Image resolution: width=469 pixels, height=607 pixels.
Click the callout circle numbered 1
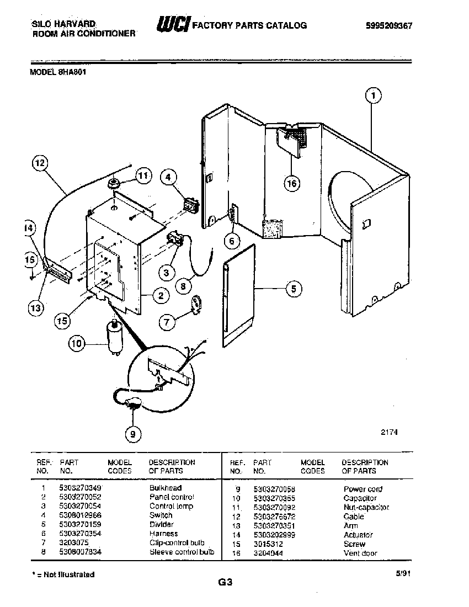[x=374, y=95]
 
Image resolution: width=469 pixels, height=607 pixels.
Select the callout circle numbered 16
[x=292, y=184]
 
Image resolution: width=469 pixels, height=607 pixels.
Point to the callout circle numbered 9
[x=132, y=435]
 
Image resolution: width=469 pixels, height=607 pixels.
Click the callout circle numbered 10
[x=77, y=344]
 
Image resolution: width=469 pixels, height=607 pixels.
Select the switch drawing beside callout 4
[x=191, y=205]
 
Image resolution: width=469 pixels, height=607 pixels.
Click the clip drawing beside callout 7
[x=195, y=304]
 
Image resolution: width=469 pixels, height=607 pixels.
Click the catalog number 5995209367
[x=389, y=25]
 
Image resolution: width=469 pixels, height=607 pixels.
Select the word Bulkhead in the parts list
[x=165, y=488]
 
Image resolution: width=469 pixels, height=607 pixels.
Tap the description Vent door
[x=360, y=553]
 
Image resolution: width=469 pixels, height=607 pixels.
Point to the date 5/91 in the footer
[x=403, y=574]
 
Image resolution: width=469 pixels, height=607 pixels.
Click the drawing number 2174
[x=389, y=433]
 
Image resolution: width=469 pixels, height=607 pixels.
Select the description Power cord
[x=363, y=489]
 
